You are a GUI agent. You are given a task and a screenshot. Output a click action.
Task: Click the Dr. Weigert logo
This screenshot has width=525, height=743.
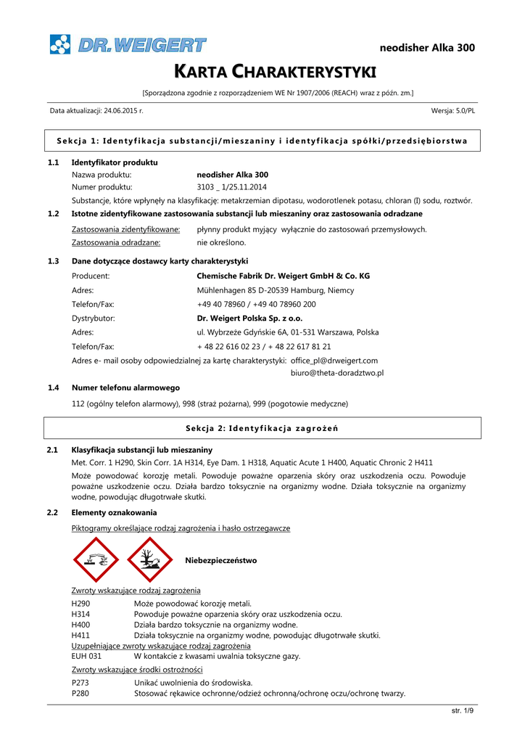(x=128, y=45)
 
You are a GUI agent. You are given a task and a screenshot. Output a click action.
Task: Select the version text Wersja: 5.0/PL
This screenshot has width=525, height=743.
(x=453, y=110)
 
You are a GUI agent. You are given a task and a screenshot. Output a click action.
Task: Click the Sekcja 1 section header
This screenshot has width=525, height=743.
(x=262, y=140)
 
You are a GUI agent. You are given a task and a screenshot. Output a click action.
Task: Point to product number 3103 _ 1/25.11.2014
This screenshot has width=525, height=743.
(x=231, y=187)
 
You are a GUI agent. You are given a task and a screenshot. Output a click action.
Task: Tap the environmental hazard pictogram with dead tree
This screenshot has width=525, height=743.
(x=149, y=560)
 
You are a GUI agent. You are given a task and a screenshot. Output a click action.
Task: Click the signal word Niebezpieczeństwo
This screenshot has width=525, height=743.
(x=221, y=561)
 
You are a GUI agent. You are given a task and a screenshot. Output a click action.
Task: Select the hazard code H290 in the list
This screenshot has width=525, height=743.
(x=80, y=603)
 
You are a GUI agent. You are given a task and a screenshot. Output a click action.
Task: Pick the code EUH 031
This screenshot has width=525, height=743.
(x=86, y=656)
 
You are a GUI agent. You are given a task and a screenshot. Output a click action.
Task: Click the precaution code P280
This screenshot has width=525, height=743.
(x=80, y=694)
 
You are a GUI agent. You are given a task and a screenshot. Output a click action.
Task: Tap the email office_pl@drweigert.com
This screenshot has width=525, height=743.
(x=334, y=360)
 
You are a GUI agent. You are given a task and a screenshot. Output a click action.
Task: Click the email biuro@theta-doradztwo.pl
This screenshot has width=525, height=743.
(x=337, y=372)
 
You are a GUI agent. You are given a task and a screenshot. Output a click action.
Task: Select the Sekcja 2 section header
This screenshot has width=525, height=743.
(x=262, y=427)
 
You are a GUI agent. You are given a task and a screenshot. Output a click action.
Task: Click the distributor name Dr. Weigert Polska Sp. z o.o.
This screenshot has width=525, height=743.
(x=250, y=318)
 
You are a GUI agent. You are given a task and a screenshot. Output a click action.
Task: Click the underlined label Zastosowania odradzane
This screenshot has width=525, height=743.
(x=116, y=242)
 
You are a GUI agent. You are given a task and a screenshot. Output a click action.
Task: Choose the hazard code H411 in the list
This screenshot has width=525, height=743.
(x=80, y=635)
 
